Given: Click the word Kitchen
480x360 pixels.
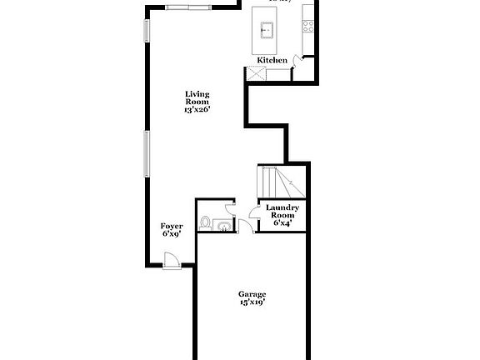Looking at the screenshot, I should click(272, 60).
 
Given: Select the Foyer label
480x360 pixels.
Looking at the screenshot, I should click(172, 226).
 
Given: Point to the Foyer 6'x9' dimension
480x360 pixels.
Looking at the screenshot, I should click(172, 234).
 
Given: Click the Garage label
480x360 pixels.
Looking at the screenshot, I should click(252, 294).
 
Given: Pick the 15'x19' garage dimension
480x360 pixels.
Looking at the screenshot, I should click(252, 302).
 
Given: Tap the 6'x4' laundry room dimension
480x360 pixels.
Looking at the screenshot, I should click(282, 222).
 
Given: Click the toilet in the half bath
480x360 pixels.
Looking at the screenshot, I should click(205, 222).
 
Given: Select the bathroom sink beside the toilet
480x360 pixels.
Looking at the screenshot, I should click(222, 224).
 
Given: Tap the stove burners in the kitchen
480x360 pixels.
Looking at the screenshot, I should click(308, 25).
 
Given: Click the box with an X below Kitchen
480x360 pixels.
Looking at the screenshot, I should click(254, 73).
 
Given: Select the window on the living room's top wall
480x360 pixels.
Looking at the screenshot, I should click(188, 7).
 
